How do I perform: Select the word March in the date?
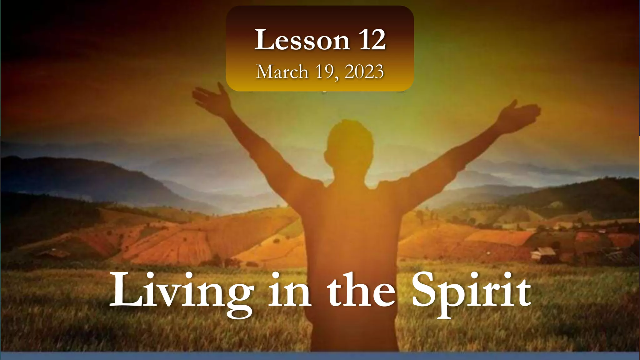point(282,72)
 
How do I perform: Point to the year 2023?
point(364,72)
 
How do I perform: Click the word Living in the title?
point(182,291)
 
